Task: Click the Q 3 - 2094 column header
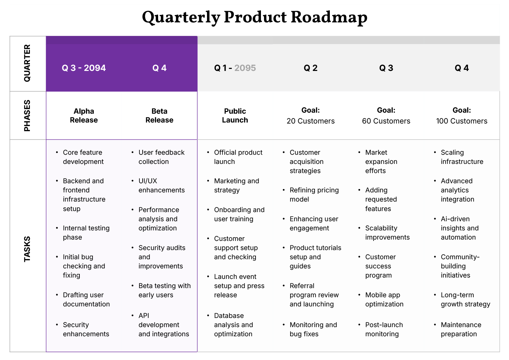click(83, 68)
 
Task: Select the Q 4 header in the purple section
click(159, 68)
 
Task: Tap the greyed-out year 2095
click(245, 68)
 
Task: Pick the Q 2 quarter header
click(310, 68)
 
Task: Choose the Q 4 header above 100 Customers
click(461, 68)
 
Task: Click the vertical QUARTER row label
click(27, 63)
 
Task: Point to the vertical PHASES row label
click(27, 115)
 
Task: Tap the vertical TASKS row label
click(27, 249)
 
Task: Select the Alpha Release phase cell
click(84, 116)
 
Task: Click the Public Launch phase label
click(235, 116)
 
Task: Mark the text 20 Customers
click(310, 121)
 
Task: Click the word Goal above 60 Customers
click(386, 110)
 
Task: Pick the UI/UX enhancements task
click(161, 186)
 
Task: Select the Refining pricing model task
click(314, 195)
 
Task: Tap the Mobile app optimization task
click(384, 300)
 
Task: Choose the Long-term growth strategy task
click(465, 300)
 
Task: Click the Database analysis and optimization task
click(233, 325)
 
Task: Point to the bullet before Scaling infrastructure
click(435, 153)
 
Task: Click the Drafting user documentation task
click(86, 300)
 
